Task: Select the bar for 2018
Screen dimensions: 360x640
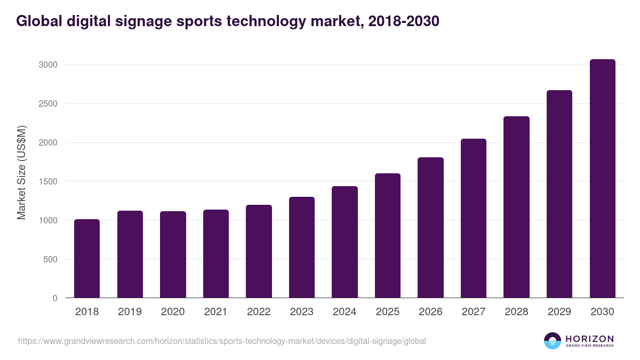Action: [x=87, y=259]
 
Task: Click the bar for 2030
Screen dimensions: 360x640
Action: [x=602, y=179]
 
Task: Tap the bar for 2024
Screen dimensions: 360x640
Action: [x=345, y=242]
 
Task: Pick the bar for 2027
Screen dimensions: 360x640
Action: [x=474, y=218]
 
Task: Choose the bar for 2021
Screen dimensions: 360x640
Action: [x=216, y=254]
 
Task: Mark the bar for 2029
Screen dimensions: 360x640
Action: [x=559, y=194]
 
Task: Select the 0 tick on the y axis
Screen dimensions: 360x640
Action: [x=54, y=299]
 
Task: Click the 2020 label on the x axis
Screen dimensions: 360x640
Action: [x=173, y=312]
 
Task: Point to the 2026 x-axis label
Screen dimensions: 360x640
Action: [x=430, y=312]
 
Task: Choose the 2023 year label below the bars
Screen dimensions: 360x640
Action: [x=302, y=312]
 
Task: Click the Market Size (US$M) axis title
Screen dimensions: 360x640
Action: [x=21, y=172]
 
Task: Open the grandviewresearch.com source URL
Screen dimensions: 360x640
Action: [x=222, y=341]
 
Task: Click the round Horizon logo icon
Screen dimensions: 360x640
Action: [x=552, y=341]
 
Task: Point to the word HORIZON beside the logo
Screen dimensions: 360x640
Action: [x=589, y=338]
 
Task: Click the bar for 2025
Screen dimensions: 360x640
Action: [x=388, y=236]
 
